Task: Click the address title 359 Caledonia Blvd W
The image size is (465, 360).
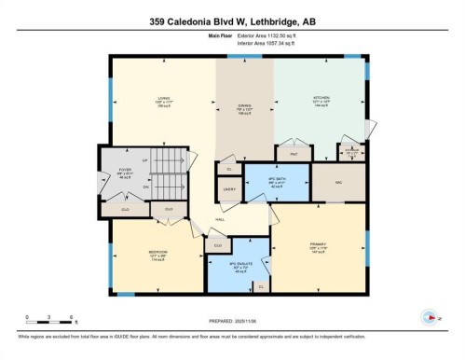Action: coord(232,19)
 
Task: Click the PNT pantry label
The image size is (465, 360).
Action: coord(293,153)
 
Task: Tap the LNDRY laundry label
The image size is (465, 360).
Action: coord(228,189)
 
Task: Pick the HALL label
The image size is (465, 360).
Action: coord(220,219)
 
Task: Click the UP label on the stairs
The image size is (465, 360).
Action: coord(144,159)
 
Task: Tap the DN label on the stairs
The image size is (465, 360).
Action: coord(144,187)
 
